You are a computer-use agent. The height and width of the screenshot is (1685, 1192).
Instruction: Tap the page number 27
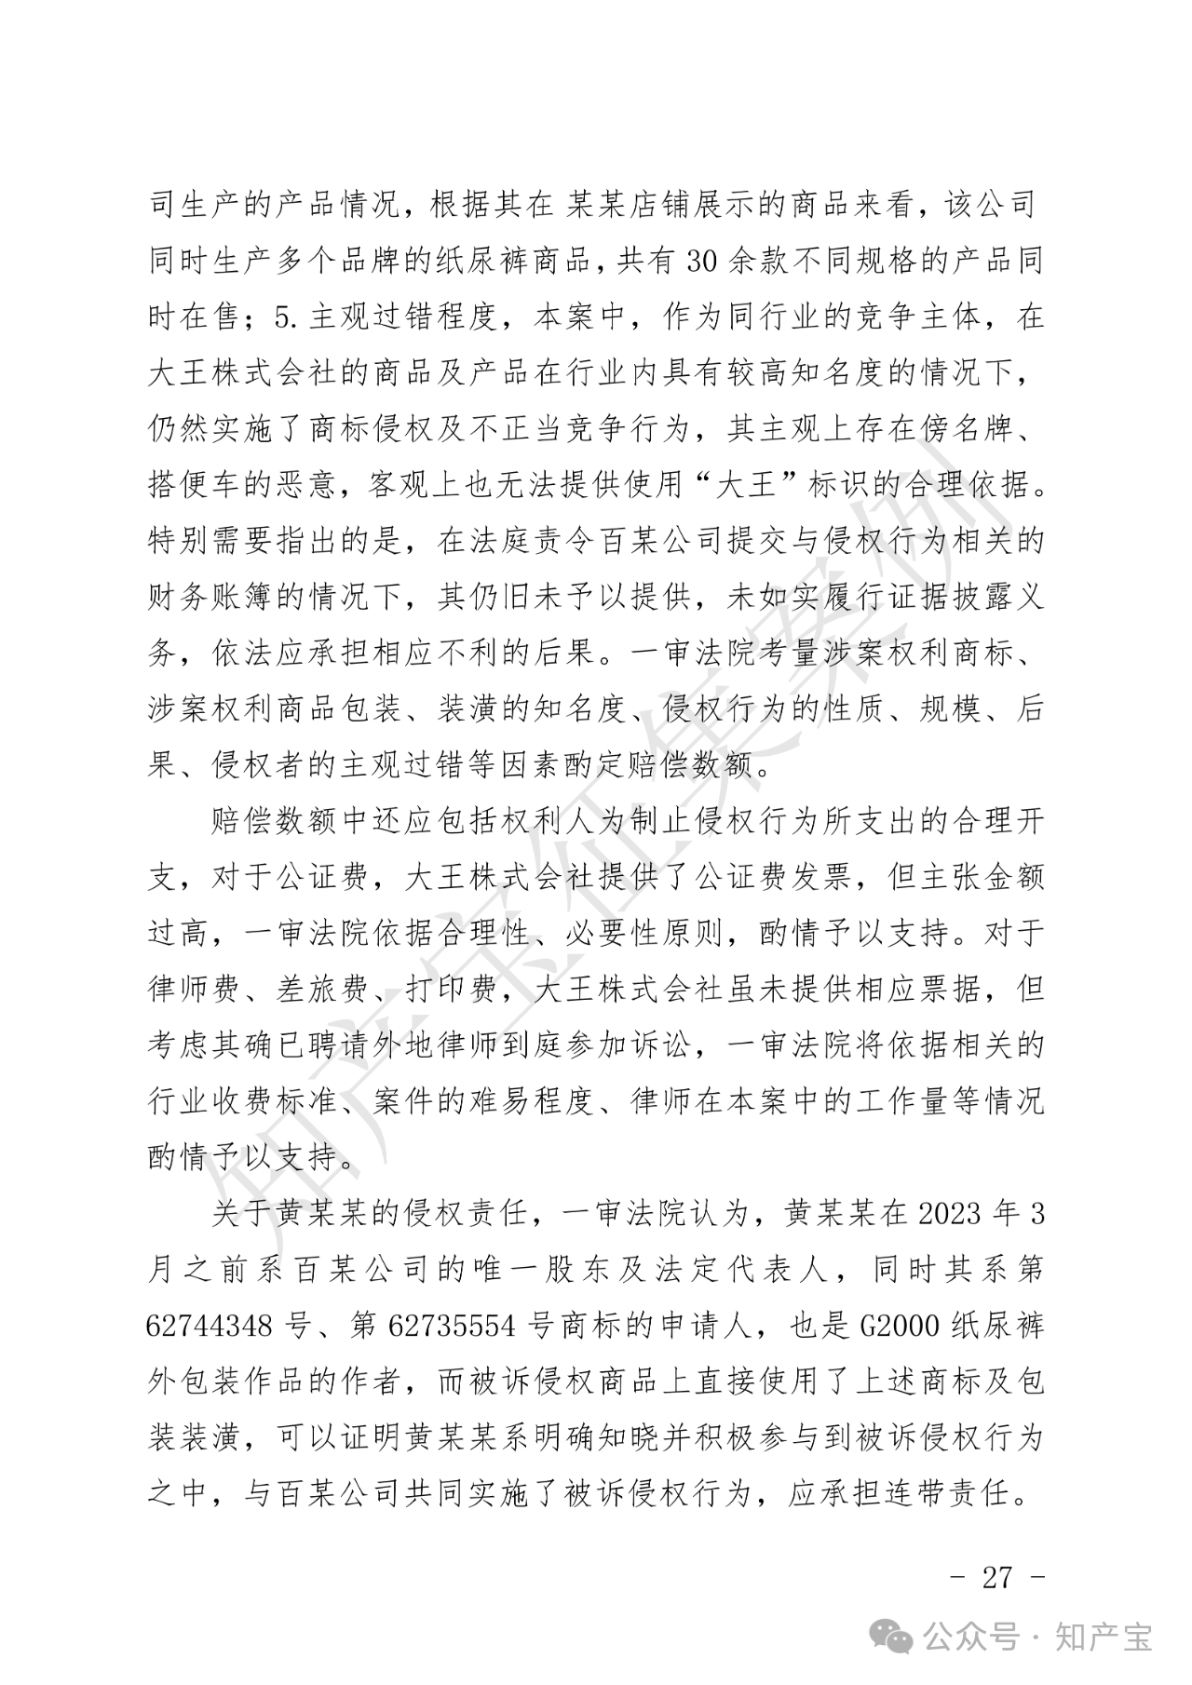[997, 1576]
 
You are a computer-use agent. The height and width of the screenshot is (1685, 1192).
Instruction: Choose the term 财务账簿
[210, 597]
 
